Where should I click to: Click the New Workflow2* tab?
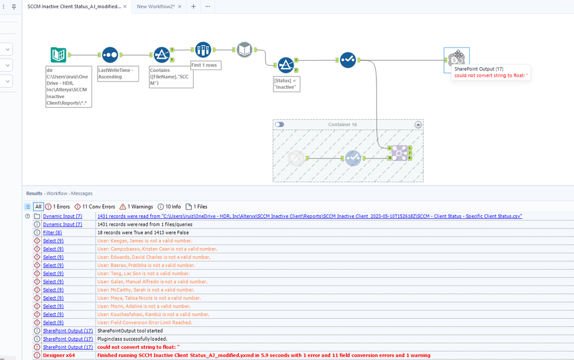click(156, 6)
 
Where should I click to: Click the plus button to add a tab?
click(194, 6)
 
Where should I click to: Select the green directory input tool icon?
click(58, 55)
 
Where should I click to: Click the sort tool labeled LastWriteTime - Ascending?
click(110, 55)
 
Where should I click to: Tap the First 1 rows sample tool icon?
click(203, 50)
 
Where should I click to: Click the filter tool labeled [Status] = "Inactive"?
click(286, 65)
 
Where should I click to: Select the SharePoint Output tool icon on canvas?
click(457, 58)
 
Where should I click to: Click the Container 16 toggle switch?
click(279, 125)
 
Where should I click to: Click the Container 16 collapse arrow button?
click(418, 125)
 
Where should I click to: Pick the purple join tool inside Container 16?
click(399, 153)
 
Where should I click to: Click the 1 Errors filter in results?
click(57, 207)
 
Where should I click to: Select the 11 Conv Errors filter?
click(95, 207)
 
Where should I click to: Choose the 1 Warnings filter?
click(137, 207)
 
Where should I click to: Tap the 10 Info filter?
click(169, 207)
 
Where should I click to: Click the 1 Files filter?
click(197, 207)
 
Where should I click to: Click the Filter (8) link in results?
click(52, 233)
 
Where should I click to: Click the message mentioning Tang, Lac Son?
click(143, 274)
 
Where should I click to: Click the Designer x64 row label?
click(59, 355)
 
